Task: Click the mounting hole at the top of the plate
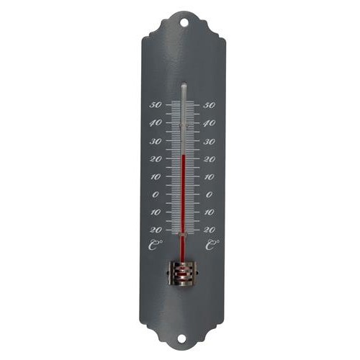click(x=184, y=23)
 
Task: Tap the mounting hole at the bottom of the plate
click(x=181, y=338)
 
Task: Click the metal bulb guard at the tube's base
click(x=183, y=274)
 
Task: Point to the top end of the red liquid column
click(x=184, y=156)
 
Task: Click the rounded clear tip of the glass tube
click(x=184, y=84)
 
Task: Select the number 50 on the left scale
click(x=156, y=105)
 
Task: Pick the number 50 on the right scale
click(x=209, y=105)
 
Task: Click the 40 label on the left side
click(x=156, y=123)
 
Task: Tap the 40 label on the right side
click(x=209, y=124)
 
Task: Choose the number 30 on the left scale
click(x=156, y=141)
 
